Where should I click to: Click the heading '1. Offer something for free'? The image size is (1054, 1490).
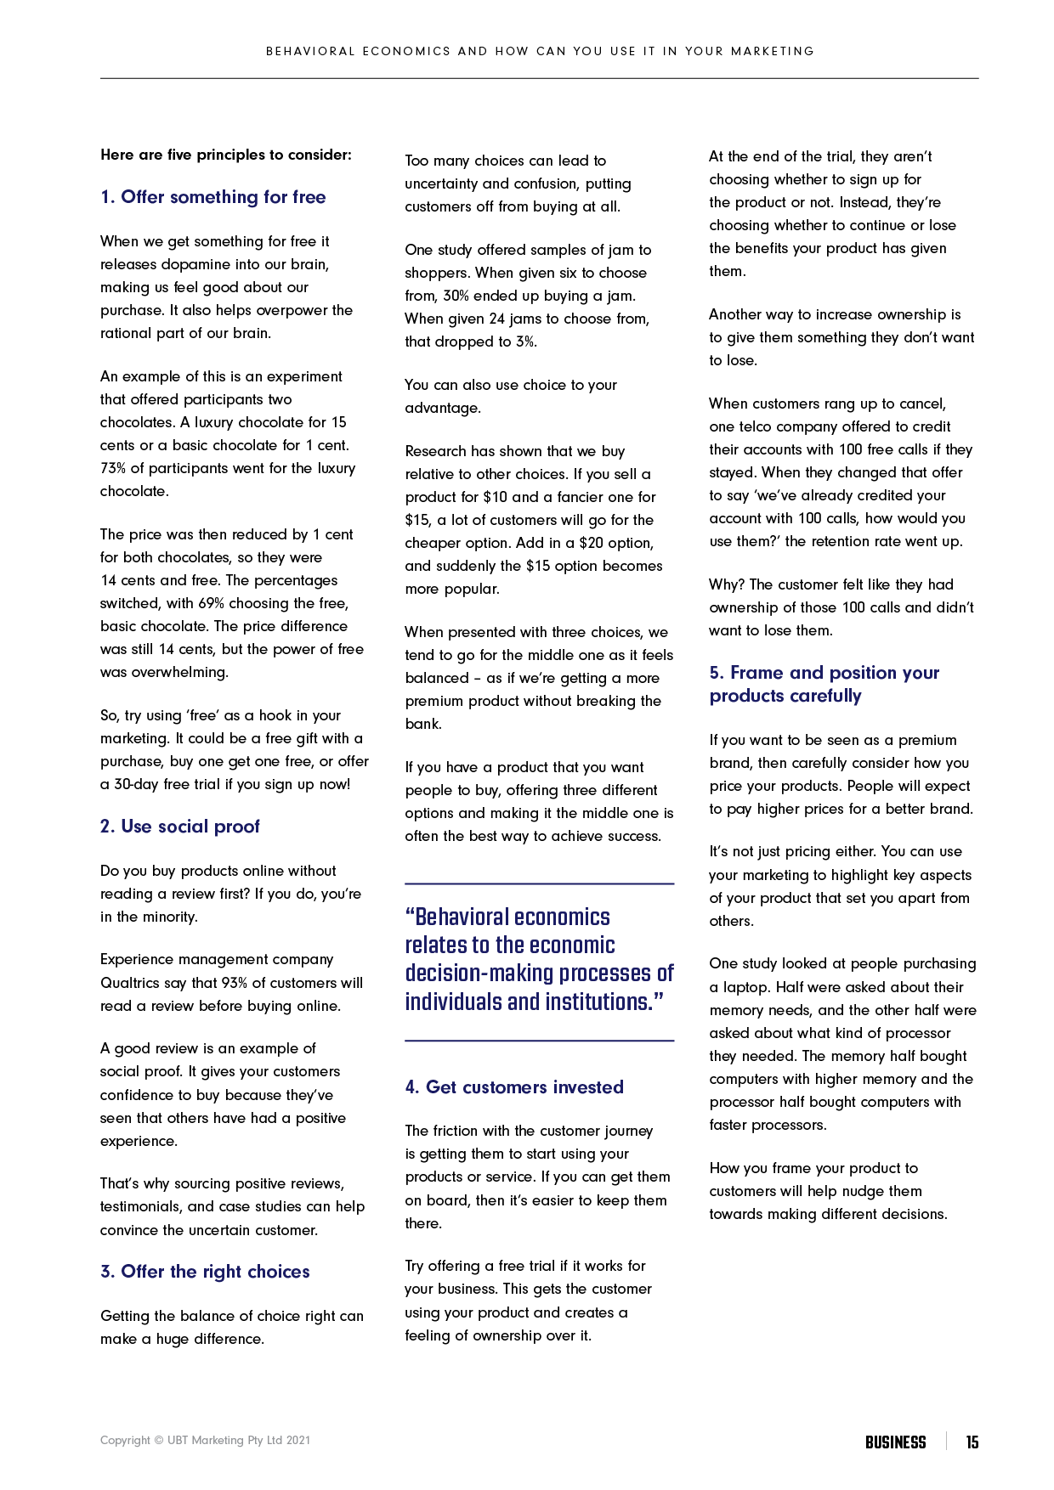212,197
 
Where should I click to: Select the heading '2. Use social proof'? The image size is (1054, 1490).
180,827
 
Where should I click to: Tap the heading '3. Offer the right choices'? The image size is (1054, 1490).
205,1272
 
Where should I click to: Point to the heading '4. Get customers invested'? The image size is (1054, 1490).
514,1087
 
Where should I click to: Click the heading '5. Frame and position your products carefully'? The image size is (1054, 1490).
824,685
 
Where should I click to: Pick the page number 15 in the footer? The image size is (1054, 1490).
972,1442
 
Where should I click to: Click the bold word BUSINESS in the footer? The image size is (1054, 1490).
895,1442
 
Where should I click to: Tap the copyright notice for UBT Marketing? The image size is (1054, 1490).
205,1441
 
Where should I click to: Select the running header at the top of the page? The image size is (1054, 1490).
540,51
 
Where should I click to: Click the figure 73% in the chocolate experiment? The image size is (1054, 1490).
113,468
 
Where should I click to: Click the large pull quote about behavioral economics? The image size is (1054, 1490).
539,960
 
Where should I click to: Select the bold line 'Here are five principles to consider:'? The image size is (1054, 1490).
226,155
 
